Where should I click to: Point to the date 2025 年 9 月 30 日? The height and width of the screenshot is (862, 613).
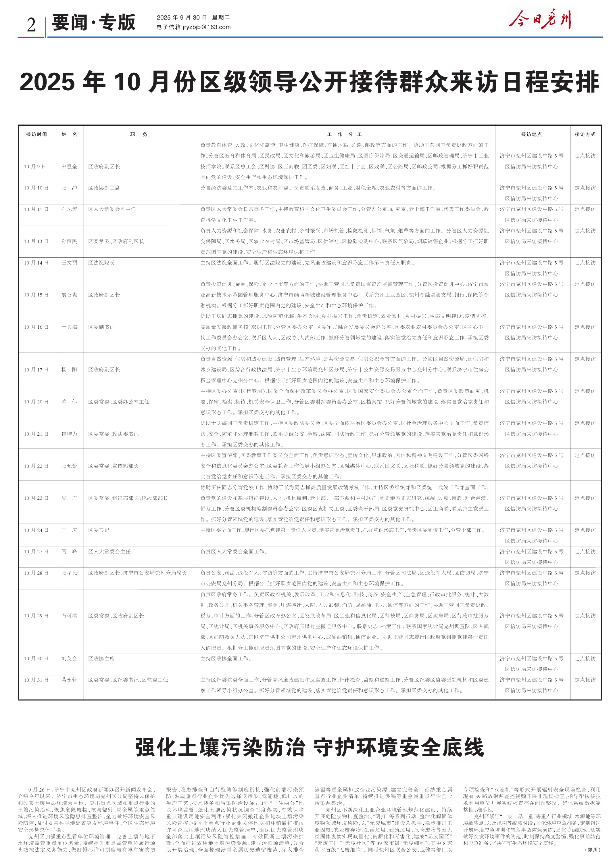[182, 17]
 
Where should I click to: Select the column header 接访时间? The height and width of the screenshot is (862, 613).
[36, 134]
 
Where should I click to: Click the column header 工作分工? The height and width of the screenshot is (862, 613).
[345, 134]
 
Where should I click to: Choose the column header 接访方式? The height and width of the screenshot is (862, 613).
[585, 134]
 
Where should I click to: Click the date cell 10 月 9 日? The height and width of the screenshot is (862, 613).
[35, 166]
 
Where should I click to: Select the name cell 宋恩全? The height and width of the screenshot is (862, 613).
[70, 166]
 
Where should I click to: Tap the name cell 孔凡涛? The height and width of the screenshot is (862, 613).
[70, 209]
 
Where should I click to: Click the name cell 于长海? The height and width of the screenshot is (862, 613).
[70, 327]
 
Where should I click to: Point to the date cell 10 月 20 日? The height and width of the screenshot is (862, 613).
[36, 402]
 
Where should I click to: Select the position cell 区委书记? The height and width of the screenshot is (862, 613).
[99, 530]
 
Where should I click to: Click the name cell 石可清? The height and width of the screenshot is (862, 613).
[70, 616]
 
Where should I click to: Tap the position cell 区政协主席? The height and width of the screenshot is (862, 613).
[101, 658]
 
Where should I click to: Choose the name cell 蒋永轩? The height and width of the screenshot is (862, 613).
[70, 680]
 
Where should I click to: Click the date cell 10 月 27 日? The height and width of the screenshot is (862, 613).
[36, 552]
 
